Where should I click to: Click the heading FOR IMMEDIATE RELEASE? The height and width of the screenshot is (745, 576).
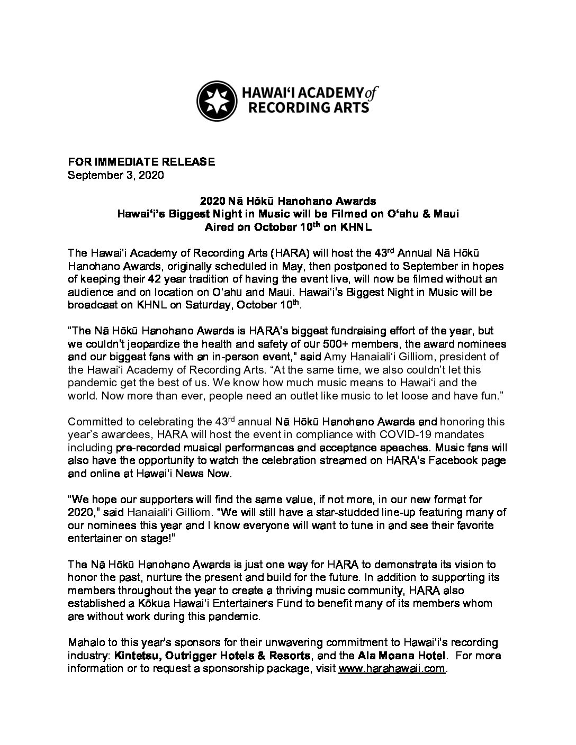click(x=141, y=162)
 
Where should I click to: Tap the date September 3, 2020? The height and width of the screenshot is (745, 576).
click(x=116, y=175)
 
